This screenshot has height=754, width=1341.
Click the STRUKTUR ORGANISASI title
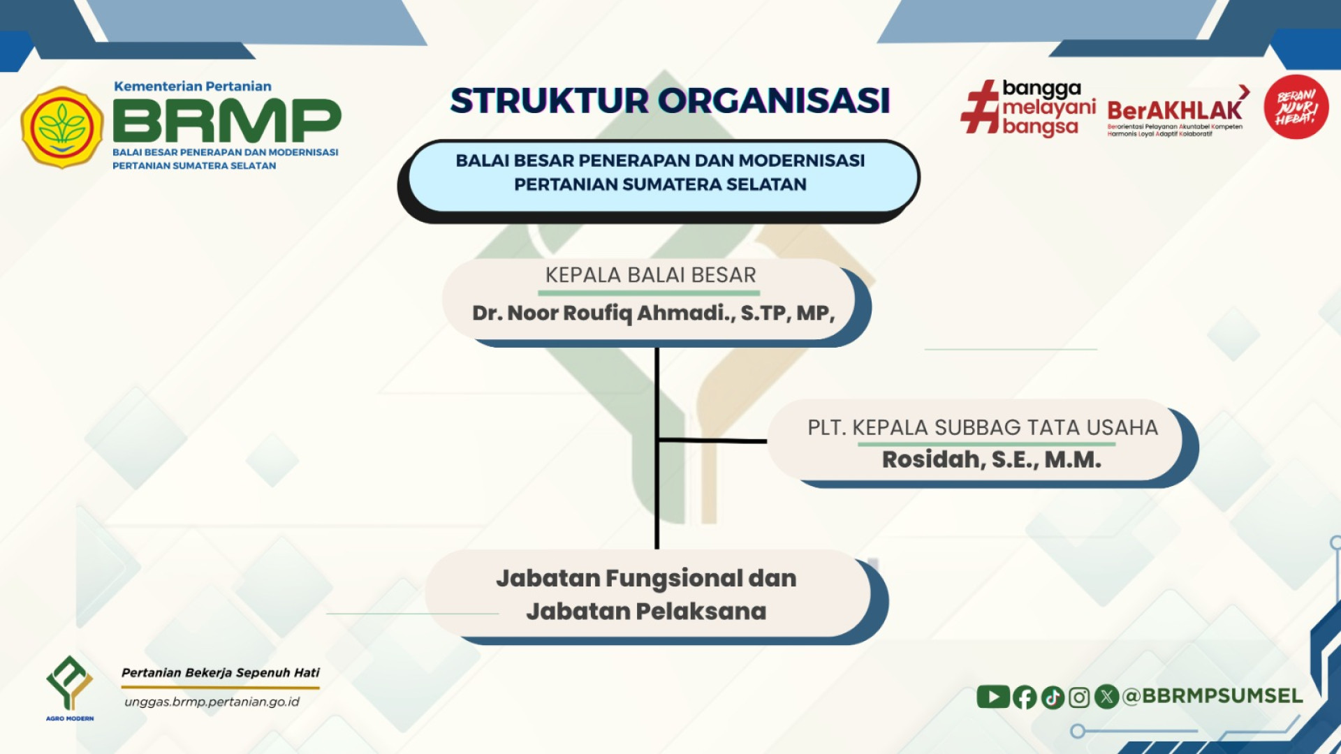670,101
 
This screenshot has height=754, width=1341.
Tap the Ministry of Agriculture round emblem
62,127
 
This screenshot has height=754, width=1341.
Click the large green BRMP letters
227,120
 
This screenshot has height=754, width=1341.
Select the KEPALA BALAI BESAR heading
650,275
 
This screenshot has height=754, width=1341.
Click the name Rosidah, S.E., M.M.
992,459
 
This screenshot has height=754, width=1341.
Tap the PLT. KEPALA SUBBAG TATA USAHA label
983,427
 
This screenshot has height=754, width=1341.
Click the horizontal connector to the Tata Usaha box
712,441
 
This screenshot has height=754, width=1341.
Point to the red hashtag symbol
981,107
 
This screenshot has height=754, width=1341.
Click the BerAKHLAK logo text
1175,110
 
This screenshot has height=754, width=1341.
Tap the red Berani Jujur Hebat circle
1296,107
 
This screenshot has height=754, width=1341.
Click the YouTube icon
993,696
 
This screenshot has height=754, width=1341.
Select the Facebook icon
1025,697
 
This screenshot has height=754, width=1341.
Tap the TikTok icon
1053,697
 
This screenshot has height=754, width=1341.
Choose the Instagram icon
1079,697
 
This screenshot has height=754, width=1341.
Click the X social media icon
1106,696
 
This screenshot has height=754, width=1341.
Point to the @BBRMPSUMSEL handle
1212,695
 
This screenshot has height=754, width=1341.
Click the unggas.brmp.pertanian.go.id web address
212,702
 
